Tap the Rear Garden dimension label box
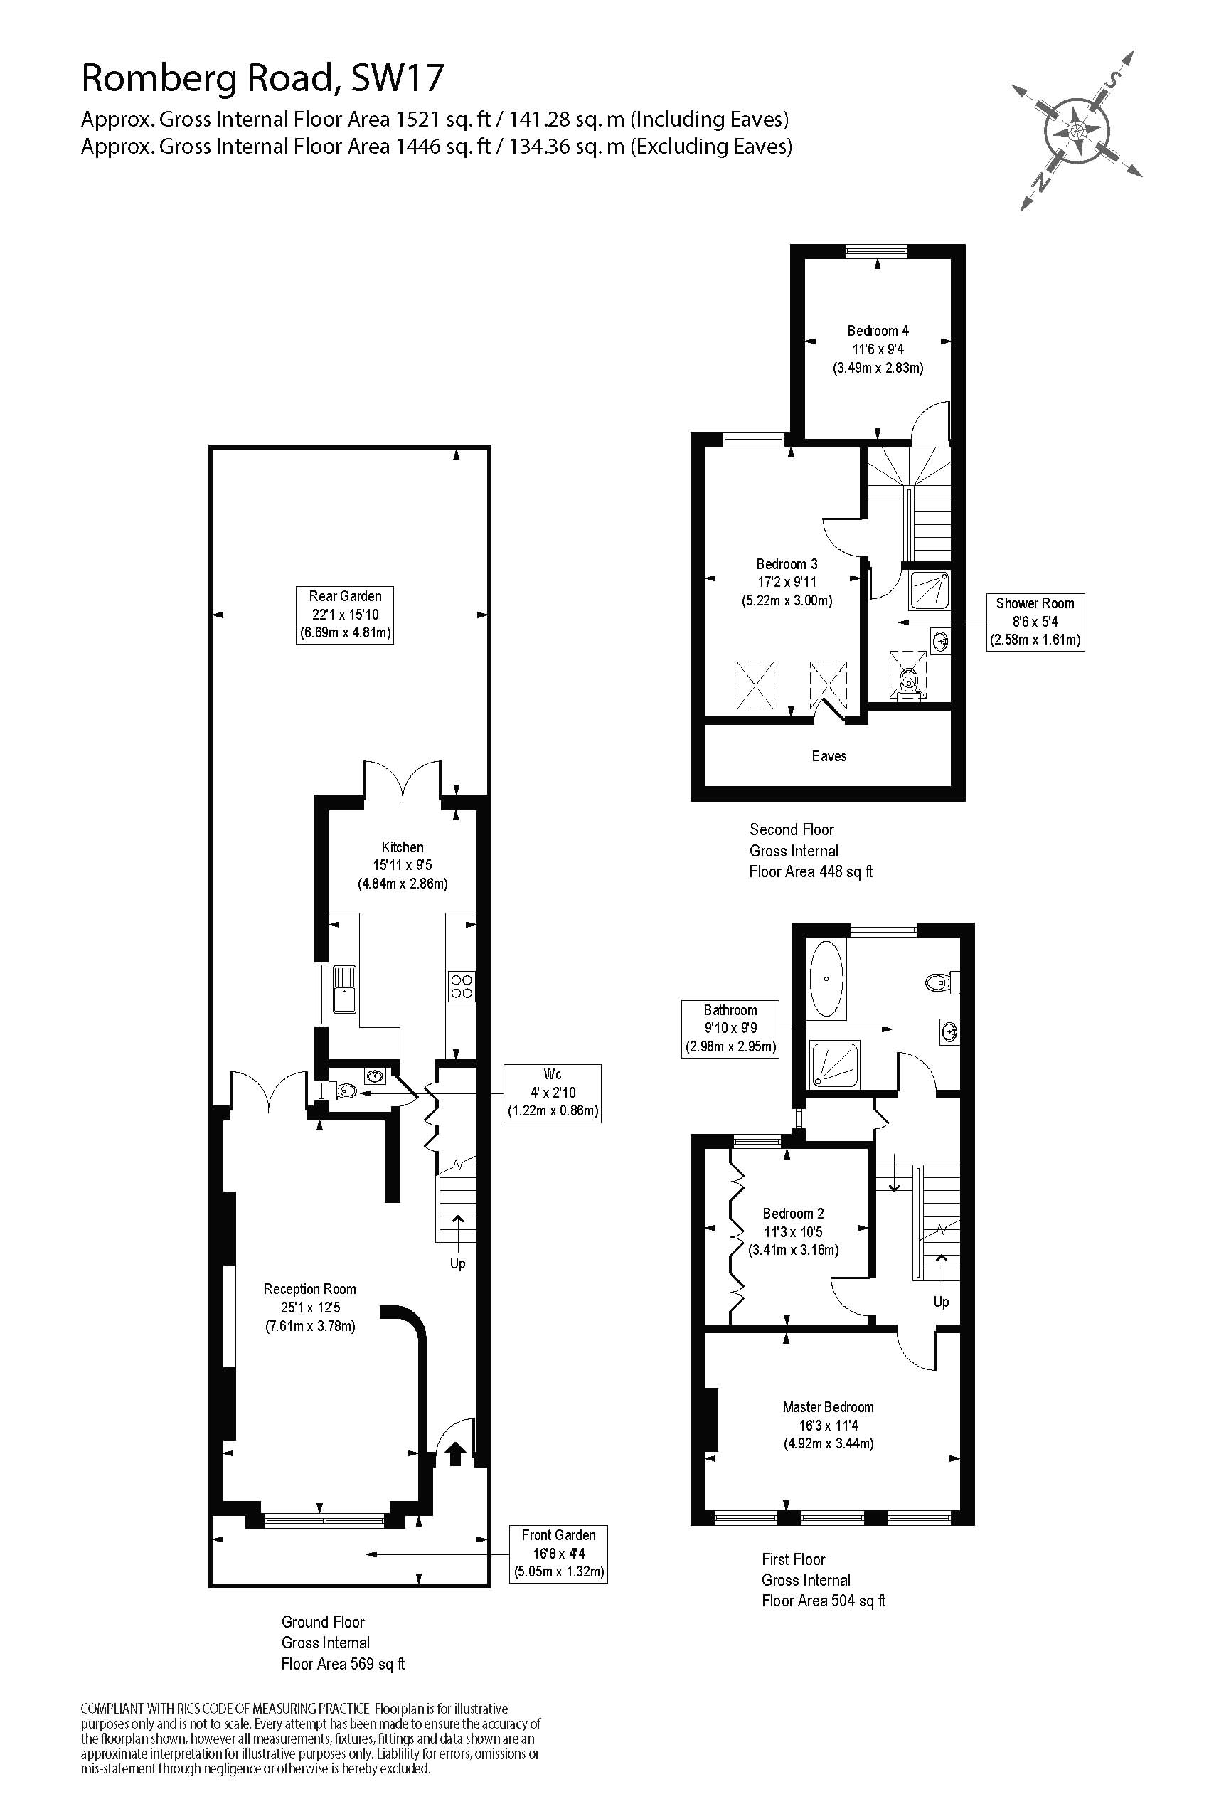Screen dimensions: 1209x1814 (345, 615)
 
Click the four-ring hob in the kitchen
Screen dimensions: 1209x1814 (461, 986)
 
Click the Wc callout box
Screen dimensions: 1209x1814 (552, 1092)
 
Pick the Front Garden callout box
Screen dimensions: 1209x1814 (558, 1554)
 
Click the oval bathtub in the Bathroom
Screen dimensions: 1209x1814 (826, 979)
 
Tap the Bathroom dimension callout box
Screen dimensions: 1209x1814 (730, 1028)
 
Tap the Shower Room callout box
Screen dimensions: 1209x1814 (1035, 622)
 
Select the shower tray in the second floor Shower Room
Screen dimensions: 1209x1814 (928, 589)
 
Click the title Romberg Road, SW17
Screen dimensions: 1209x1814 (263, 78)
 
